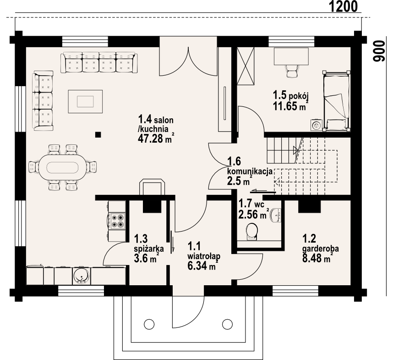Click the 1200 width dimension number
point(343,6)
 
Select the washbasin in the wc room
point(276,215)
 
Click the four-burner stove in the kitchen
point(118,221)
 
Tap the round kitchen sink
point(81,276)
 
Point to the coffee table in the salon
point(85,102)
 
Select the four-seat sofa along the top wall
point(99,62)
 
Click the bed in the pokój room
point(336,101)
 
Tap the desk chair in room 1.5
point(291,71)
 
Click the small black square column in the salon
point(98,135)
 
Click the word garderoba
point(321,249)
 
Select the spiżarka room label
point(149,249)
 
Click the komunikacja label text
point(250,172)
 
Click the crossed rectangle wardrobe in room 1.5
point(246,66)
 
